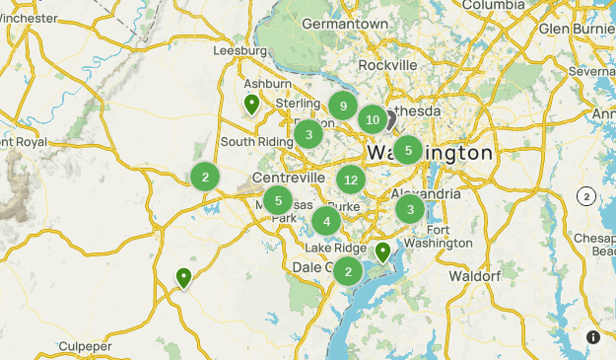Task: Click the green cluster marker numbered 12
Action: point(350,180)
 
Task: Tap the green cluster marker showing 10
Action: point(372,120)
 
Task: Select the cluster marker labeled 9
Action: point(343,106)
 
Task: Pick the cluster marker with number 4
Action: point(326,221)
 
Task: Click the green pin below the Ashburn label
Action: point(252,104)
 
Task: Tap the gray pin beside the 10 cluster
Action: point(389,119)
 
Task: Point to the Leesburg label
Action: point(240,50)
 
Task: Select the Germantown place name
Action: point(339,23)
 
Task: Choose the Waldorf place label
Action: point(475,276)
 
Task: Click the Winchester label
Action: point(28,17)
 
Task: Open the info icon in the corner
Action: point(593,337)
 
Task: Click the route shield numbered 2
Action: point(586,196)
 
